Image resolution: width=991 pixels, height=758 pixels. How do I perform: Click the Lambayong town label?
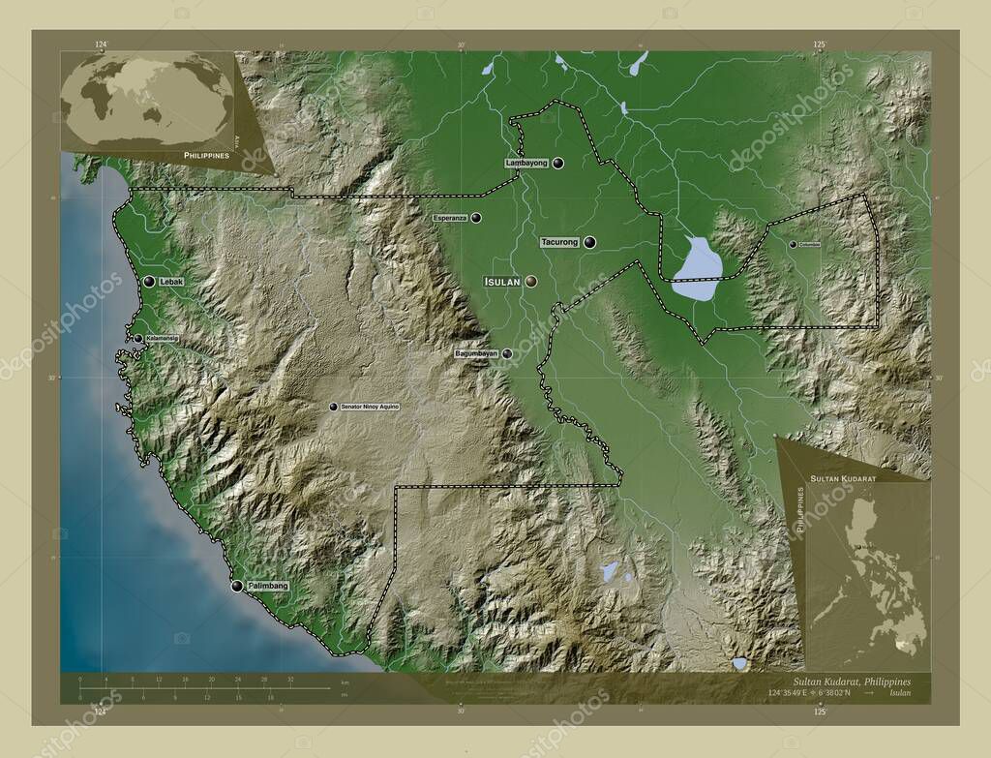tap(526, 164)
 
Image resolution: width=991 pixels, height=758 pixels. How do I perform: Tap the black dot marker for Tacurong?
tap(589, 243)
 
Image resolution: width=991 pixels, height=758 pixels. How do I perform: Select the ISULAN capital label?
tap(501, 282)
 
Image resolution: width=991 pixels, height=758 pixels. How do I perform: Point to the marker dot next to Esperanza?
tap(476, 218)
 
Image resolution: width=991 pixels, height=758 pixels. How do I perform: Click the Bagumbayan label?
tap(476, 354)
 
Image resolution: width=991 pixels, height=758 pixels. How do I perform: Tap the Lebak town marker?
tap(149, 281)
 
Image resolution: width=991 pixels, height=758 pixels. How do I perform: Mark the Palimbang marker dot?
tap(237, 586)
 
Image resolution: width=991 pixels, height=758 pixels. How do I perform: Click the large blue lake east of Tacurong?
tap(698, 266)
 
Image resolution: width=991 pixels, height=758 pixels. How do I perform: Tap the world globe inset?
tap(147, 102)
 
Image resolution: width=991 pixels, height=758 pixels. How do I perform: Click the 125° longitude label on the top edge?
tap(819, 45)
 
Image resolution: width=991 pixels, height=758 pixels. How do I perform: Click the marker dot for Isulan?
tap(530, 282)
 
